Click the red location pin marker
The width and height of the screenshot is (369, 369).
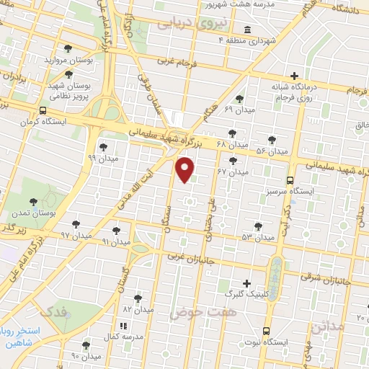pyautogui.click(x=185, y=169)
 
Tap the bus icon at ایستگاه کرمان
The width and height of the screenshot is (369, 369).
pyautogui.click(x=45, y=111)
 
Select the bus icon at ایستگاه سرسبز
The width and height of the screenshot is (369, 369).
pyautogui.click(x=290, y=180)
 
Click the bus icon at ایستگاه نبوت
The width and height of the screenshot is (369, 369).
pyautogui.click(x=267, y=331)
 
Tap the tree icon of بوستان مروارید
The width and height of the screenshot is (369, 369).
pyautogui.click(x=68, y=49)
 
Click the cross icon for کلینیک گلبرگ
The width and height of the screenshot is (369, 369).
pyautogui.click(x=247, y=283)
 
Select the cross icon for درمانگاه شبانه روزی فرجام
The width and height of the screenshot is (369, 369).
pyautogui.click(x=294, y=76)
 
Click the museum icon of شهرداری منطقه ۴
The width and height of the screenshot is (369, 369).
pyautogui.click(x=247, y=30)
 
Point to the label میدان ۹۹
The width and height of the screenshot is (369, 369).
pyautogui.click(x=102, y=156)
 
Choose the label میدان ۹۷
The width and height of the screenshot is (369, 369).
pyautogui.click(x=75, y=235)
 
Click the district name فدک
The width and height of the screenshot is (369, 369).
pyautogui.click(x=53, y=311)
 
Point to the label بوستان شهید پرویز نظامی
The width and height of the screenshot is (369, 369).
pyautogui.click(x=69, y=90)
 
